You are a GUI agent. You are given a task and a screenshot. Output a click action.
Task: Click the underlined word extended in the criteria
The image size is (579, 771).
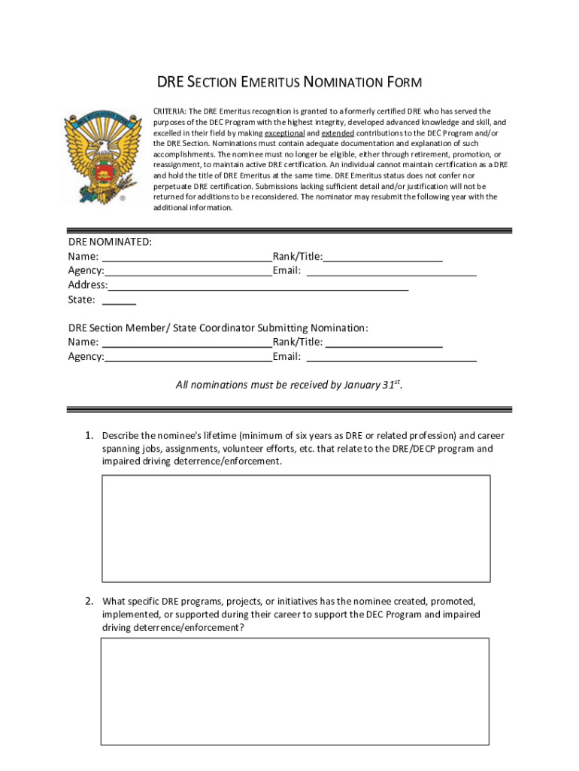(338, 133)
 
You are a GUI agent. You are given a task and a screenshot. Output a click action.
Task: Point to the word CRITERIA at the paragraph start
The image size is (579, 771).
(171, 111)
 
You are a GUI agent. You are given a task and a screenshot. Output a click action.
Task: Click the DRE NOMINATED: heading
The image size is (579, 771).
(110, 242)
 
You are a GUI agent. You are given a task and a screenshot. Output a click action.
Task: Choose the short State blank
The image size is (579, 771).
(119, 301)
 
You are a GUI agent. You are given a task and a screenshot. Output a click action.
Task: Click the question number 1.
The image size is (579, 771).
(88, 436)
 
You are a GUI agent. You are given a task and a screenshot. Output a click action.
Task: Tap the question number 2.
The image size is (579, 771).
(88, 601)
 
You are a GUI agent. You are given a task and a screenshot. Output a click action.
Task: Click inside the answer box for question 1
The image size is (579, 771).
(296, 529)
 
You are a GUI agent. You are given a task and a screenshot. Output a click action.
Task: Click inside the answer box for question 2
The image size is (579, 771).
(295, 691)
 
